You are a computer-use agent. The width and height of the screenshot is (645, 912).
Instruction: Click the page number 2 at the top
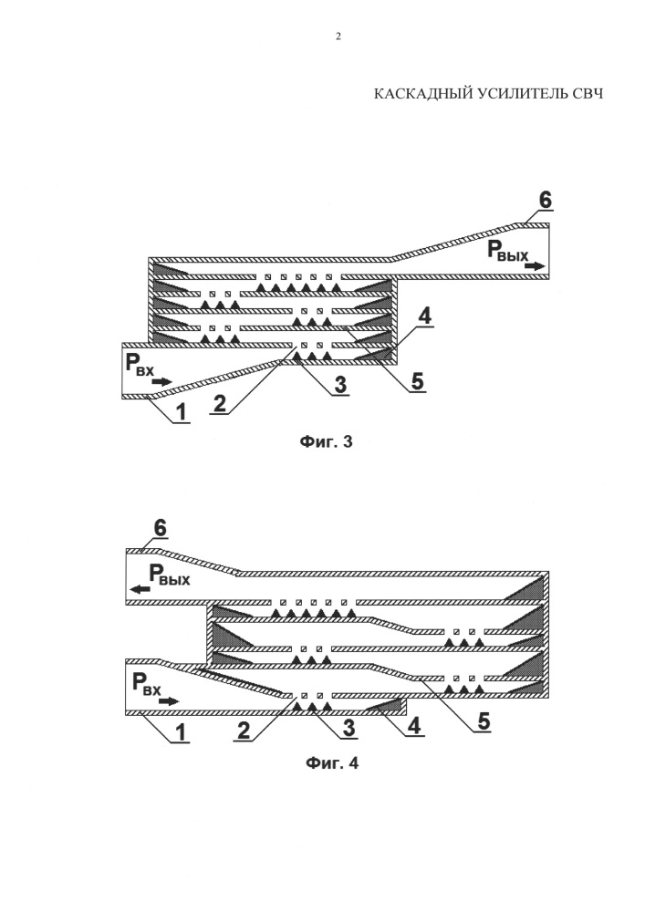tap(338, 37)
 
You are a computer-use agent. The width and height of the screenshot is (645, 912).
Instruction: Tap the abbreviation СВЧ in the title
tap(588, 94)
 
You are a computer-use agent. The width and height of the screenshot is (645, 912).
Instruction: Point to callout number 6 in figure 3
tap(546, 200)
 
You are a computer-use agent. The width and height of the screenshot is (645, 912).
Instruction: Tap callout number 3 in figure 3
tap(338, 386)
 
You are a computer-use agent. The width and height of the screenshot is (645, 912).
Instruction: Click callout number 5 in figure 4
tap(484, 720)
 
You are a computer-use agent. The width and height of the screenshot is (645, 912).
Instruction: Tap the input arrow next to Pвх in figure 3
tap(161, 381)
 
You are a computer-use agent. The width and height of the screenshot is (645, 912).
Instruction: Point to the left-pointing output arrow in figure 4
tap(140, 590)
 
